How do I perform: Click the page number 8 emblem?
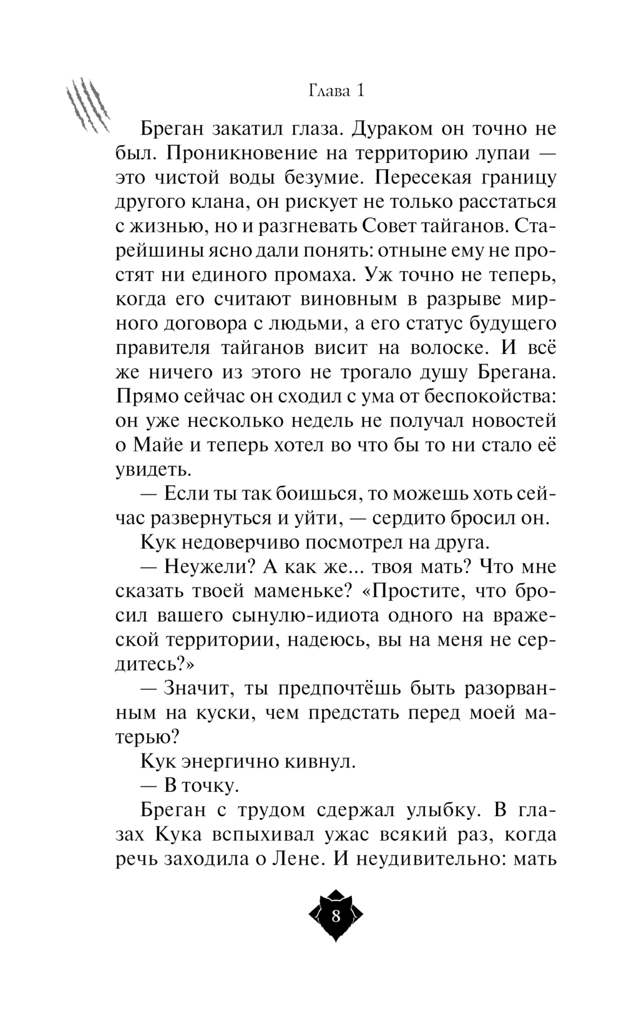pyautogui.click(x=336, y=916)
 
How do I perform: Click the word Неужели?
pyautogui.click(x=203, y=567)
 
